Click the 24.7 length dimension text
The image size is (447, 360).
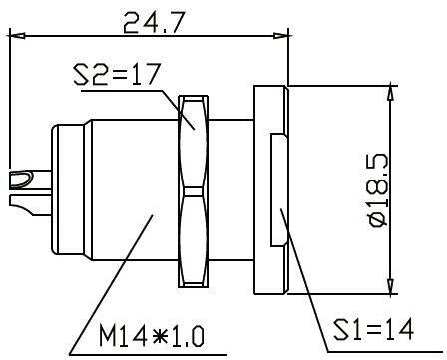point(154,23)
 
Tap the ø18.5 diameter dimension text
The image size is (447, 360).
point(379,190)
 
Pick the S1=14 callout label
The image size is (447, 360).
point(374,329)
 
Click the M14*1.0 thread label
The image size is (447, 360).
point(152,336)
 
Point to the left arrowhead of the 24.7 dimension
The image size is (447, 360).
point(18,35)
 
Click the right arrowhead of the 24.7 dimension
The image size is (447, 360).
point(281,35)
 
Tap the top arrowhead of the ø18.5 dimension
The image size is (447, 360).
point(391,93)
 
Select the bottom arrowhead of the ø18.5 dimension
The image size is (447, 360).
point(391,286)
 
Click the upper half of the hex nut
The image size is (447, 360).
point(194,142)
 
